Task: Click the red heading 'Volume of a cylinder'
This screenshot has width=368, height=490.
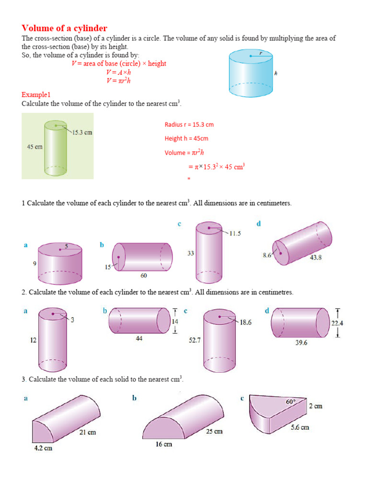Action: click(x=64, y=28)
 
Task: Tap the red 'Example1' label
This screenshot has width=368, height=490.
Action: click(x=36, y=95)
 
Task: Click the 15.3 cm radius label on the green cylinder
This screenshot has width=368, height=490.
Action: click(x=82, y=132)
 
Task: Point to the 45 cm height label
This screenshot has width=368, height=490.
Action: click(x=34, y=147)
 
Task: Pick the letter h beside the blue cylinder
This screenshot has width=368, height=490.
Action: click(x=276, y=74)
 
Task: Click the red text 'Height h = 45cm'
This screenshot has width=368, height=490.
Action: click(x=186, y=139)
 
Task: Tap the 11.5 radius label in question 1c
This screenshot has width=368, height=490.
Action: click(x=235, y=234)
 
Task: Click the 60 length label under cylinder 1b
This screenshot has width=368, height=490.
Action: click(x=144, y=276)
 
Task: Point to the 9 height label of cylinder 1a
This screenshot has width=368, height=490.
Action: click(x=34, y=263)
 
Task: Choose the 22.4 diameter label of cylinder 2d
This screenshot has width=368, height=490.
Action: click(x=337, y=323)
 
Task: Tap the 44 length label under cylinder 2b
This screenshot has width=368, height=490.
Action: click(x=139, y=338)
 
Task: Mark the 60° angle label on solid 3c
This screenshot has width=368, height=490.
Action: click(x=291, y=402)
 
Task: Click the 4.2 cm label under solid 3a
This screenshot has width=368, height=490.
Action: click(x=43, y=448)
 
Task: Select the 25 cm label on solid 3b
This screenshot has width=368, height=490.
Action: click(x=214, y=432)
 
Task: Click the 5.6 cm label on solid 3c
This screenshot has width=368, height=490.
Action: click(x=300, y=427)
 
